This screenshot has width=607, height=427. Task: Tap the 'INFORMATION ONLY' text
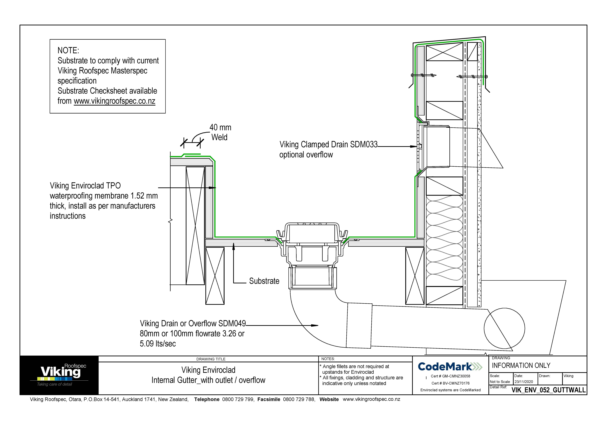521,366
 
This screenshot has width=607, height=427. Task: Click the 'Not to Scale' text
500,382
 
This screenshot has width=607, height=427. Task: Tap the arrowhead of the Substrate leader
233,246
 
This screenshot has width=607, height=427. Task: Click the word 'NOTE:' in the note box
68,51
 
